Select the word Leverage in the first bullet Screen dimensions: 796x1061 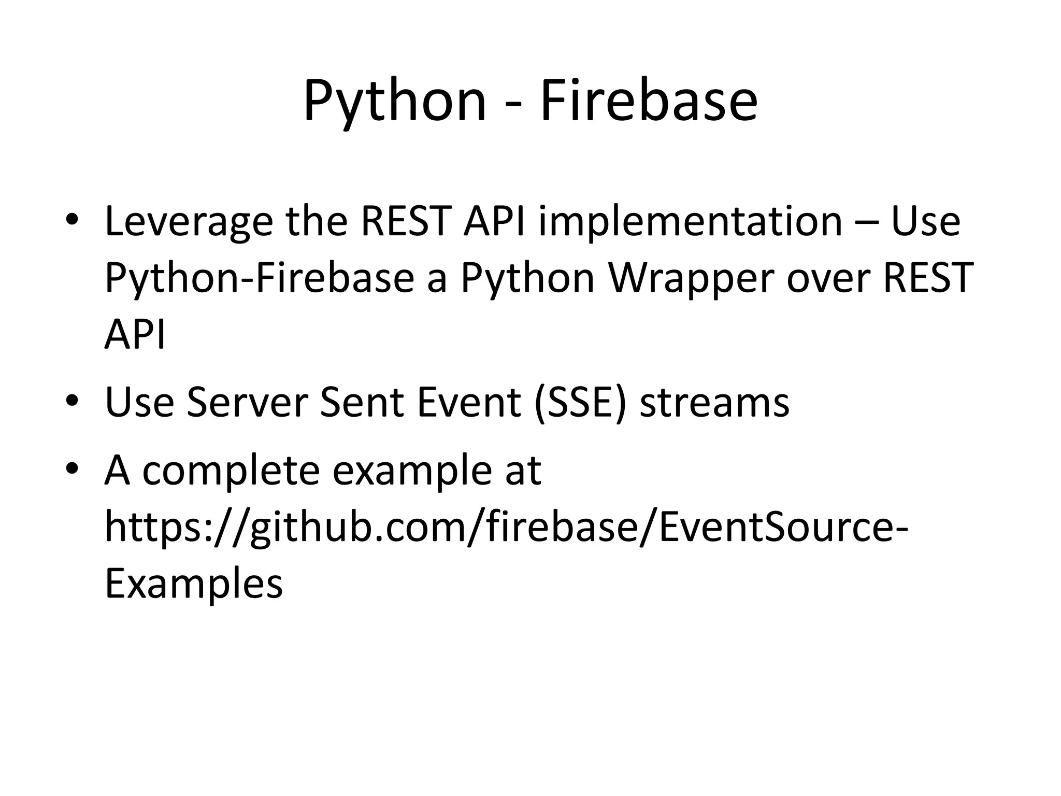[189, 222]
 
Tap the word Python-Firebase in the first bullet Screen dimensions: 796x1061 [259, 279]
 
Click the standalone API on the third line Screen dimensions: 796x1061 [135, 334]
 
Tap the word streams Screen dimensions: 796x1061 [714, 403]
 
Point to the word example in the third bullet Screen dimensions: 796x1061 [412, 471]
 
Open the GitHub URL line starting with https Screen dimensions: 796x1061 [505, 528]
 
